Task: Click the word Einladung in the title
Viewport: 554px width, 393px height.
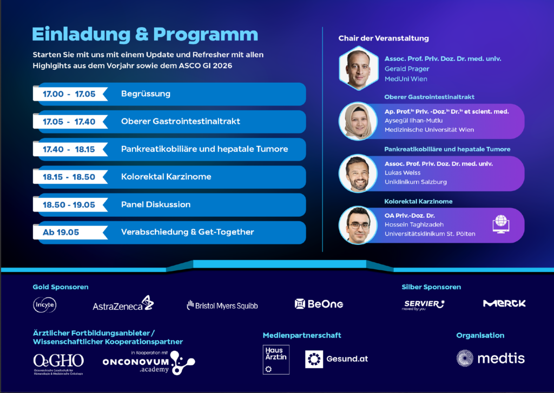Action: click(81, 35)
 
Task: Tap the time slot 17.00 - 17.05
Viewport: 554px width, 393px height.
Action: click(69, 94)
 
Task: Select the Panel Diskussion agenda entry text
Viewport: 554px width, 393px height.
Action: click(156, 204)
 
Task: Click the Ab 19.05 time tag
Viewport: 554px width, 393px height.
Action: click(61, 232)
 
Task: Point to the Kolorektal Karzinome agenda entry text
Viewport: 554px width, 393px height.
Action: click(166, 177)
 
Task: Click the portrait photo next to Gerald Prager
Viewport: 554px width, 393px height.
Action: click(359, 68)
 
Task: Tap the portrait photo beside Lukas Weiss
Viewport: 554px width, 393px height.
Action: click(358, 174)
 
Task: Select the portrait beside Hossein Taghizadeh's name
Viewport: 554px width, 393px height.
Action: click(358, 225)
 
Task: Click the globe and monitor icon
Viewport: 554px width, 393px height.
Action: click(501, 224)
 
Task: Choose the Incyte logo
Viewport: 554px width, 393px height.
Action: click(44, 305)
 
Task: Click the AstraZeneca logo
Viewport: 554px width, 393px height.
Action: click(123, 304)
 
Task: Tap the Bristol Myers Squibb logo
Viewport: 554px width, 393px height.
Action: click(222, 305)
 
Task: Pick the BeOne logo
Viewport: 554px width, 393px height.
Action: click(319, 304)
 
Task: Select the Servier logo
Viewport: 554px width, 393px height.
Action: click(423, 305)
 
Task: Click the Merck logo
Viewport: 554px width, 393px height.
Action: click(504, 303)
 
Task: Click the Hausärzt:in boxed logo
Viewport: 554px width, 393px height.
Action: click(276, 359)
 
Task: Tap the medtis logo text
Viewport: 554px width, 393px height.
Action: click(501, 359)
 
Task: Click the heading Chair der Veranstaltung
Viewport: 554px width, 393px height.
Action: click(384, 38)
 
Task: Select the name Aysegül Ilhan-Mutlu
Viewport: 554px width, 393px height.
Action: click(414, 121)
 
